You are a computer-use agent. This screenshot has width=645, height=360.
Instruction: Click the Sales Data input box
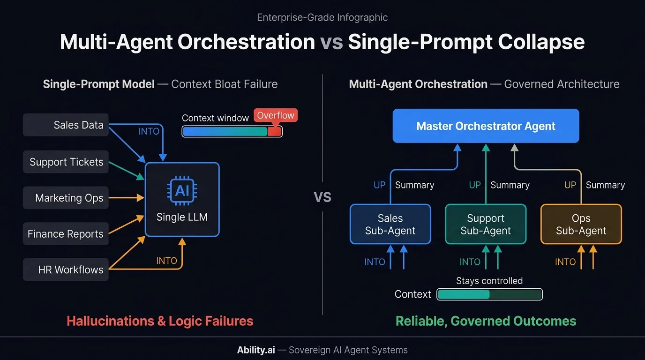tap(66, 125)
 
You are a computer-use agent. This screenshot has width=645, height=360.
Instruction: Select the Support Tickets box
tap(66, 162)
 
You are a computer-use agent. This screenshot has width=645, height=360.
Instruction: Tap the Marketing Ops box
tap(66, 198)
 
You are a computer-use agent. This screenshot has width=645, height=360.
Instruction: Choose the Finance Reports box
tap(66, 234)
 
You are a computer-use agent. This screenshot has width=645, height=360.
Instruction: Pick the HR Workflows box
tap(66, 270)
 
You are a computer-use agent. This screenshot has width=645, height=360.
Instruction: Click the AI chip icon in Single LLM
tap(182, 191)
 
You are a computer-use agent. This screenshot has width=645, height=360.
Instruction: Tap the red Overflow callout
tap(276, 116)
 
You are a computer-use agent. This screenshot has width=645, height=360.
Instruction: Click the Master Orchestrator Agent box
tap(486, 126)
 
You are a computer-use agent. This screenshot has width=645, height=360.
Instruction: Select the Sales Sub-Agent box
tap(390, 225)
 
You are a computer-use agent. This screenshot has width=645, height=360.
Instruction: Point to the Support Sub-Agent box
tap(486, 225)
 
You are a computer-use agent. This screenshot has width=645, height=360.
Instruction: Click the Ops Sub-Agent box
tap(581, 225)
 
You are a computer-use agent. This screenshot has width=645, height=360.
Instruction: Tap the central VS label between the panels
tap(322, 197)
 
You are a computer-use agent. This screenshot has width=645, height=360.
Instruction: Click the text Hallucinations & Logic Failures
tap(160, 321)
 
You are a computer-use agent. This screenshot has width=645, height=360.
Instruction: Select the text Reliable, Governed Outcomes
tap(486, 321)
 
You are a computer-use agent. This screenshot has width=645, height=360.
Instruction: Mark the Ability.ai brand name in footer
tap(255, 350)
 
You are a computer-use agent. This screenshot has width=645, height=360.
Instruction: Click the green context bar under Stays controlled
tap(489, 294)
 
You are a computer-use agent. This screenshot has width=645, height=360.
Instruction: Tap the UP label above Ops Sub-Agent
tap(570, 185)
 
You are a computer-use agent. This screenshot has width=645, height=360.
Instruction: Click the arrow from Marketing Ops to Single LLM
tap(127, 198)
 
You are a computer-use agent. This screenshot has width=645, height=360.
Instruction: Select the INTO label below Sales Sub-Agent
tap(375, 262)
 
